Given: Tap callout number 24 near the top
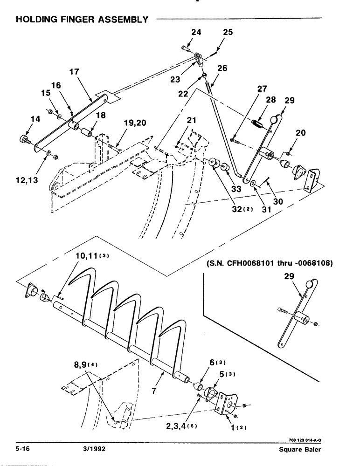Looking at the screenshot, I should [x=196, y=33].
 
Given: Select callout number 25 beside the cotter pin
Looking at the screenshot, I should [x=228, y=33].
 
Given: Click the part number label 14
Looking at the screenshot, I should [x=22, y=120].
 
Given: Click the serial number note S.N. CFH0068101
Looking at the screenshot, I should [x=268, y=263].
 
